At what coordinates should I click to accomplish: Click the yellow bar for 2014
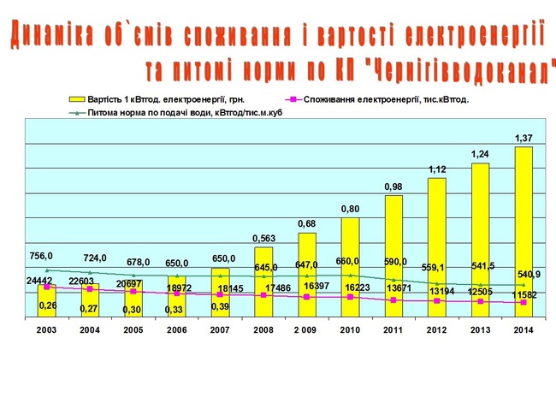tap(523, 231)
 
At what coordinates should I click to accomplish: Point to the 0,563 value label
tap(263, 239)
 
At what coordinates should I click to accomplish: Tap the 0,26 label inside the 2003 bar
tap(48, 305)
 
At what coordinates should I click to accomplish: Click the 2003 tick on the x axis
tap(46, 329)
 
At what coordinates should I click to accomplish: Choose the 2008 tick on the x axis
tap(263, 329)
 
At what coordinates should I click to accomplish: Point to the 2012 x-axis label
tap(436, 329)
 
